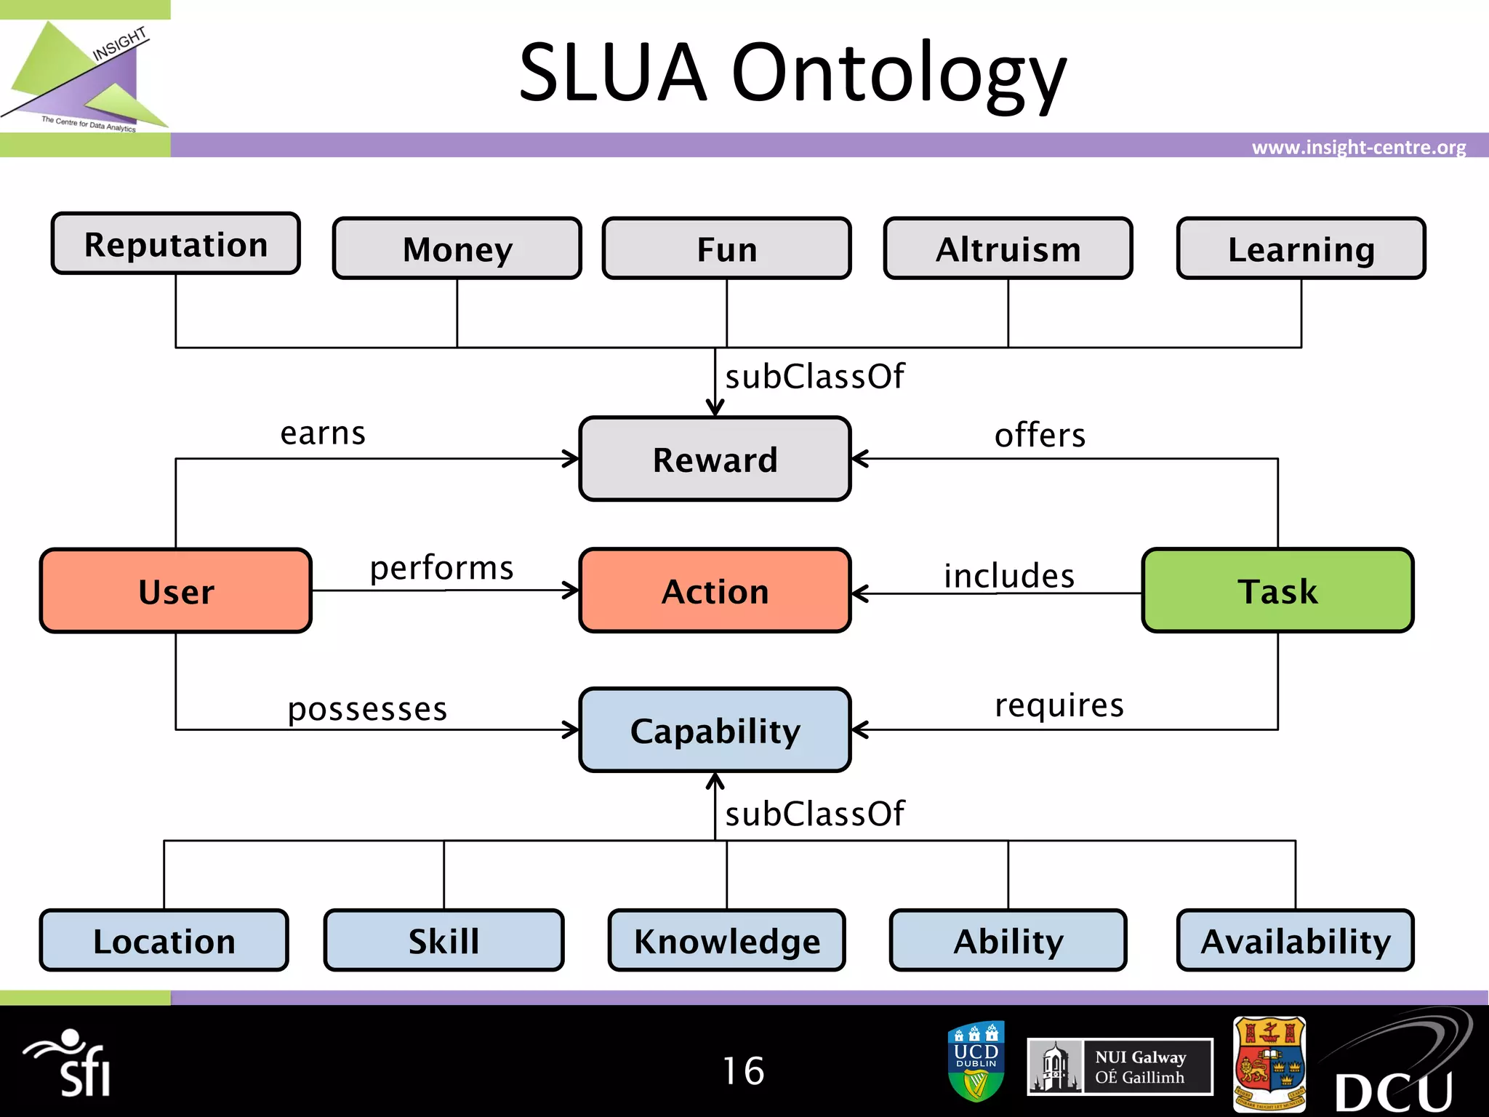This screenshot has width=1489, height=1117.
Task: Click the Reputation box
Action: tap(175, 244)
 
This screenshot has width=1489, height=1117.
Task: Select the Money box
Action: tap(457, 249)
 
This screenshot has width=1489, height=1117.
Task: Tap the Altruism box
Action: tap(1008, 249)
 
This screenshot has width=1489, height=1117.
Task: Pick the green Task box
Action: tap(1277, 590)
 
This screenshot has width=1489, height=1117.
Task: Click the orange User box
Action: tap(176, 590)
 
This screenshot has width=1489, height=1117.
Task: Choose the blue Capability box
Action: tap(715, 730)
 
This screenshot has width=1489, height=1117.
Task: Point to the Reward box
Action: tap(715, 459)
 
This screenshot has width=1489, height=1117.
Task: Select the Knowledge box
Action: tap(726, 940)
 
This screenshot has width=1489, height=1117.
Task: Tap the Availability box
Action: tap(1295, 940)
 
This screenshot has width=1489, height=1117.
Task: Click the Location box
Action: tap(164, 940)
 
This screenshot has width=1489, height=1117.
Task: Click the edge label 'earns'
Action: tap(323, 433)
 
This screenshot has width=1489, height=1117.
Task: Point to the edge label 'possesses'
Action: tap(367, 709)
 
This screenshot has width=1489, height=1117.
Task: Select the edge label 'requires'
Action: tap(1059, 705)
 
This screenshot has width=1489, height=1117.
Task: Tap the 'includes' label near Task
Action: tap(1008, 576)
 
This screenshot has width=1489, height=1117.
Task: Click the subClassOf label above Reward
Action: tap(814, 377)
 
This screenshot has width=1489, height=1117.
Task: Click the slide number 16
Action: tap(743, 1070)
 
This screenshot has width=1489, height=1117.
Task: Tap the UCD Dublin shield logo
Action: tap(976, 1061)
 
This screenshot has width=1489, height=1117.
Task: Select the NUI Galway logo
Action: tap(1120, 1067)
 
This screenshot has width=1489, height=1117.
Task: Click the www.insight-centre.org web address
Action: tap(1358, 148)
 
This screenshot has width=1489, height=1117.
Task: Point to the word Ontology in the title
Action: tap(899, 73)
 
